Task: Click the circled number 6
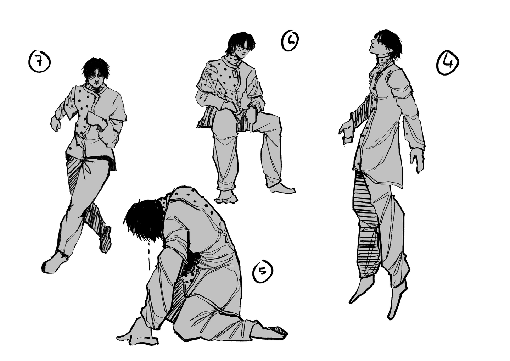click(290, 41)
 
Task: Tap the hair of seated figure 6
click(240, 43)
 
